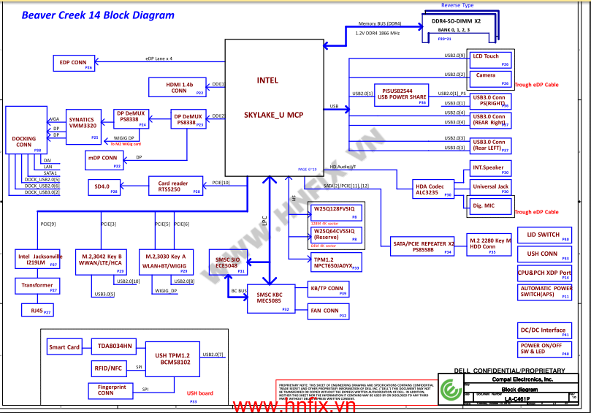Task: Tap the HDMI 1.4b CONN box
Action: [178, 88]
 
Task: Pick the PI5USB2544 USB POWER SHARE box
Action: [403, 94]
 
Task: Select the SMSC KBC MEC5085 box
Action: [269, 298]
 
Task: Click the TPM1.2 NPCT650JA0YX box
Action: [333, 263]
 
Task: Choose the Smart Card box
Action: [64, 347]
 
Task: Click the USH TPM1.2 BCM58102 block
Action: [172, 359]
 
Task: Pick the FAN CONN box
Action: [326, 311]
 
